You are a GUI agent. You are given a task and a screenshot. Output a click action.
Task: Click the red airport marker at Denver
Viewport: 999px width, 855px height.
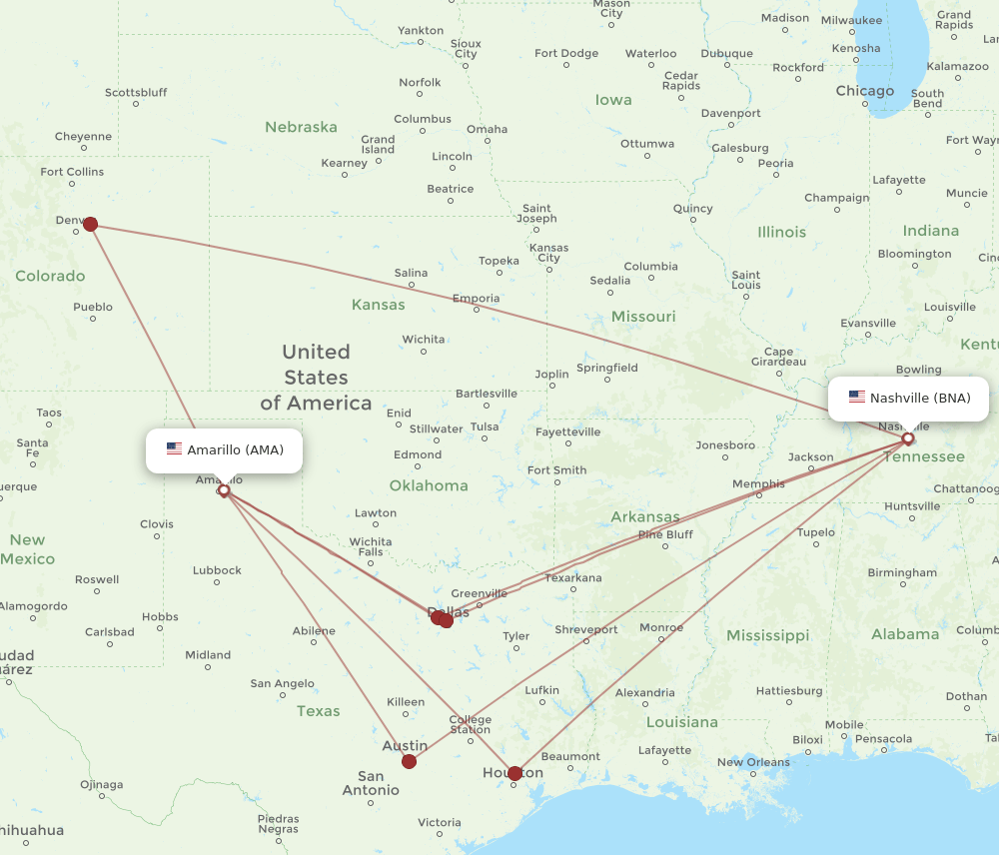[x=91, y=224]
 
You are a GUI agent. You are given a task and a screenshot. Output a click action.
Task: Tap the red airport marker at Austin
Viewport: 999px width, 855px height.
[x=409, y=761]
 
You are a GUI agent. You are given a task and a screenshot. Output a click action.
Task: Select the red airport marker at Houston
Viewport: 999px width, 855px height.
[x=514, y=773]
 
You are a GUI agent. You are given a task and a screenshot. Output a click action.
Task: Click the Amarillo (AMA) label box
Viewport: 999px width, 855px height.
[x=224, y=449]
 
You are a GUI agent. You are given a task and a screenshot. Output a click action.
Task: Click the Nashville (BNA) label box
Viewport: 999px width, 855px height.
[x=908, y=398]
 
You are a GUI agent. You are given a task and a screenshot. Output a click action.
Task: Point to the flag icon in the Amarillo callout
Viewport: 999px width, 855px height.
[x=175, y=449]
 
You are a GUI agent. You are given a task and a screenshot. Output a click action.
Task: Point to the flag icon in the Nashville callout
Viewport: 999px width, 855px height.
[x=857, y=398]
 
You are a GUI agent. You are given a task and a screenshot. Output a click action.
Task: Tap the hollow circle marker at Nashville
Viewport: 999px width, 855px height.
[x=908, y=438]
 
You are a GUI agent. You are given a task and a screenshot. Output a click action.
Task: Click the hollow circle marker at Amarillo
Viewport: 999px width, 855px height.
[x=224, y=490]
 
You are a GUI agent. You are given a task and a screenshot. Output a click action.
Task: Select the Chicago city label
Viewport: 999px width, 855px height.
[x=865, y=91]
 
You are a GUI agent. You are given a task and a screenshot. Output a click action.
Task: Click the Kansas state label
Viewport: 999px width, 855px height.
[x=378, y=305]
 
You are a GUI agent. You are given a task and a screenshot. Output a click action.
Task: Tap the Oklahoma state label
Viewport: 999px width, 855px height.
[x=430, y=485]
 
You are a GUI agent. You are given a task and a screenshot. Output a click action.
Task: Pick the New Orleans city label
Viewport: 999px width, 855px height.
[x=753, y=762]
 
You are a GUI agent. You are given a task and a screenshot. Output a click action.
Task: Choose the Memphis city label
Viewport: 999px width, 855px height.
[x=758, y=484]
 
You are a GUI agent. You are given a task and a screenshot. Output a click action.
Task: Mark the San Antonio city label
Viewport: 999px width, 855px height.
[x=371, y=783]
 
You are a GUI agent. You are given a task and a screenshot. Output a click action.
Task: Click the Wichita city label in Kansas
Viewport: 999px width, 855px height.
[x=424, y=340]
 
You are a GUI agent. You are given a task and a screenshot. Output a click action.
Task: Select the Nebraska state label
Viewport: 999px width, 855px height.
[x=301, y=128]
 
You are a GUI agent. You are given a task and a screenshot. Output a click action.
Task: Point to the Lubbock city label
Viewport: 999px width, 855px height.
[x=217, y=570]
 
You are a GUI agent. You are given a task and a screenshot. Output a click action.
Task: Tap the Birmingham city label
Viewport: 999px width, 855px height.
[x=902, y=573]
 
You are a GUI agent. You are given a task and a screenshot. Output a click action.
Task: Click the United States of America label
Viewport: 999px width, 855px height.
[x=316, y=378]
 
